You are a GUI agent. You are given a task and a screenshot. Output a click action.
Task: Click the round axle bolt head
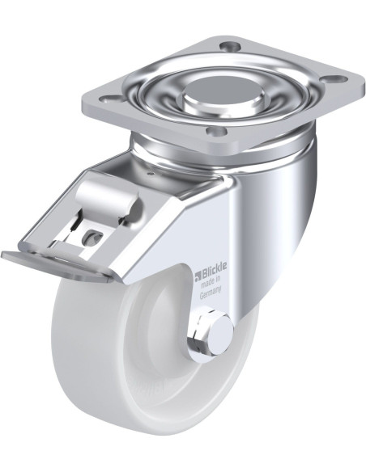[222, 335]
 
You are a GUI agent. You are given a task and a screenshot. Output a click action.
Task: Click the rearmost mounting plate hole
[231, 46]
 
